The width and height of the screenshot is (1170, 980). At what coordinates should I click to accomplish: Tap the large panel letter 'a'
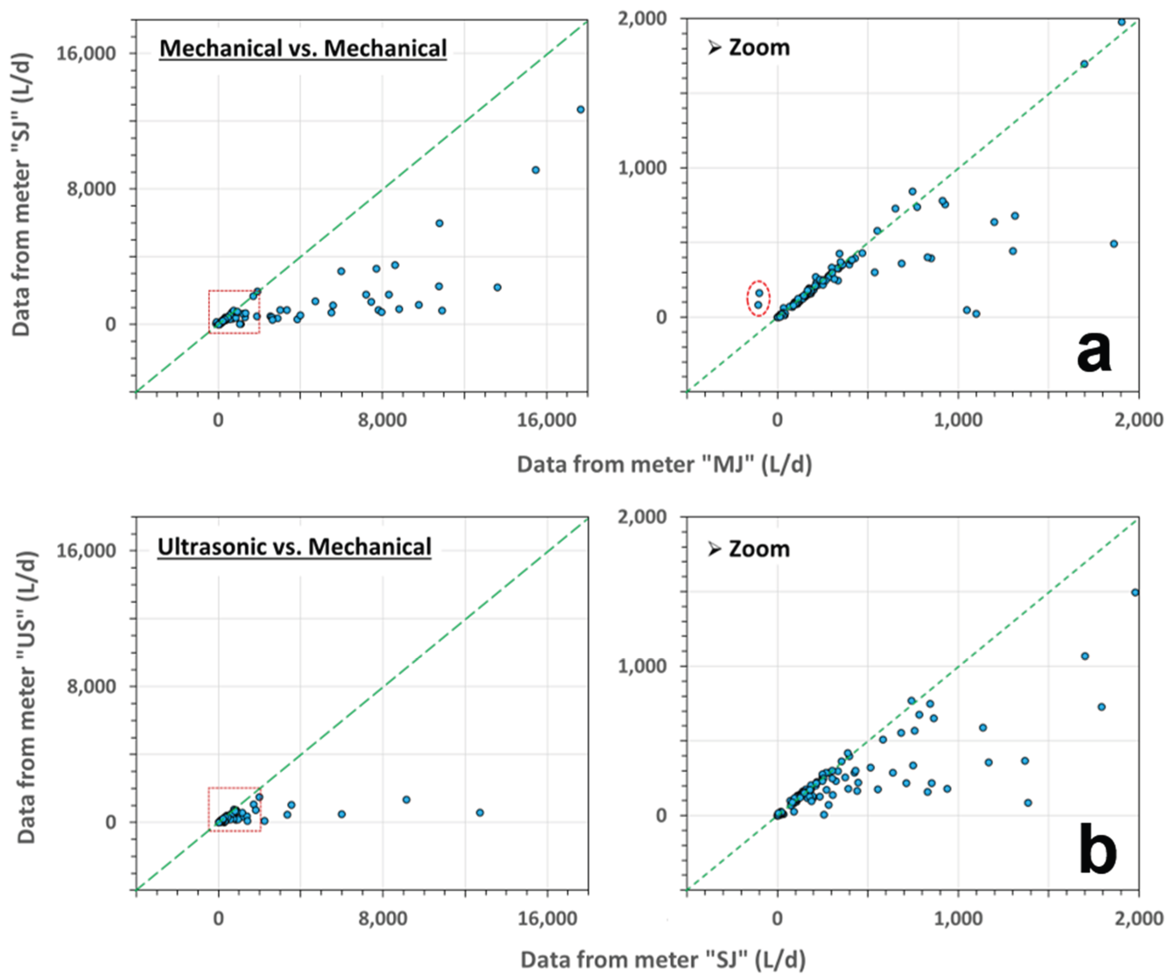pyautogui.click(x=1094, y=353)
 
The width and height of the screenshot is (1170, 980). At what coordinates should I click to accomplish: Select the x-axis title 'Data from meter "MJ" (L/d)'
pyautogui.click(x=664, y=464)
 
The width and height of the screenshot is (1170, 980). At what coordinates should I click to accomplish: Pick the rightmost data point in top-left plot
pyautogui.click(x=581, y=109)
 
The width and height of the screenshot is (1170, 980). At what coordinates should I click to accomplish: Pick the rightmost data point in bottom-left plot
pyautogui.click(x=480, y=812)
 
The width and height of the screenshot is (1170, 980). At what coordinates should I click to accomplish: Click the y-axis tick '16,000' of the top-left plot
pyautogui.click(x=86, y=53)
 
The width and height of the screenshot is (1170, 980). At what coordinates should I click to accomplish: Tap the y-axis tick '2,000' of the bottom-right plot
pyautogui.click(x=642, y=516)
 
